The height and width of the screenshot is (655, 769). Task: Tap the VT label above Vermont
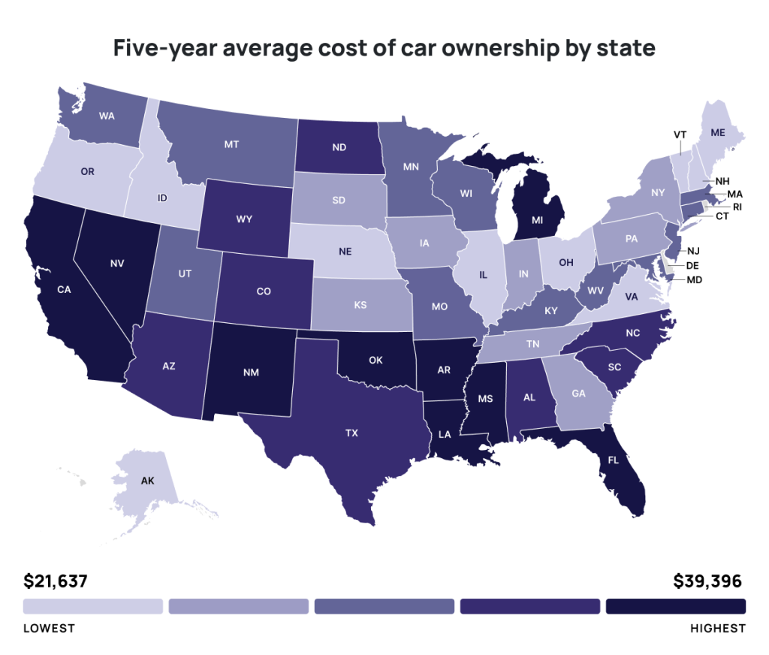[x=680, y=134]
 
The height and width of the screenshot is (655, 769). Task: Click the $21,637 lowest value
[x=56, y=581]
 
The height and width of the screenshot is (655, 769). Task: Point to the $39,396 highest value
[x=707, y=581]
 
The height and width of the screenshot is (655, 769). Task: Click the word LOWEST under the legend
[x=49, y=628]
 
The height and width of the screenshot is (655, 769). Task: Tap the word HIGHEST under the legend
[x=718, y=628]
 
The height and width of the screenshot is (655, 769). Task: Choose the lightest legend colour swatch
[x=92, y=606]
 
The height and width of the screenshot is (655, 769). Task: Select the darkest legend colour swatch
[x=676, y=606]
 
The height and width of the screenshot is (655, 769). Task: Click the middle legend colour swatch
[x=384, y=606]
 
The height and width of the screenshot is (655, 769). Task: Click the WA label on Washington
[x=107, y=117]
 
